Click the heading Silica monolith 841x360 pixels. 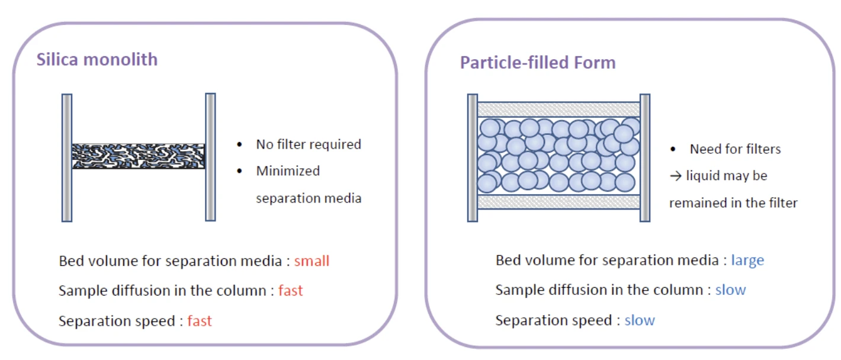click(x=97, y=60)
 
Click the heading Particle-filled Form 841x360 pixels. click(x=538, y=63)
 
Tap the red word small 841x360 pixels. click(x=312, y=261)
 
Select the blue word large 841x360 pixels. click(x=747, y=261)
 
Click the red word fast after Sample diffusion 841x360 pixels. click(x=290, y=291)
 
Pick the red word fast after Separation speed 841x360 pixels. click(x=200, y=321)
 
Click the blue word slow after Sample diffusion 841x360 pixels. click(x=730, y=290)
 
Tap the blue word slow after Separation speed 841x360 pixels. click(x=640, y=320)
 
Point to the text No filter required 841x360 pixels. click(x=309, y=144)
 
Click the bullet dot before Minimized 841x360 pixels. click(x=239, y=172)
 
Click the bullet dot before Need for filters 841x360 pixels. click(x=673, y=149)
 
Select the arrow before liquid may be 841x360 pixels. click(x=676, y=176)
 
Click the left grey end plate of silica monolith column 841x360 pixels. click(x=67, y=157)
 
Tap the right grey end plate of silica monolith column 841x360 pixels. click(x=210, y=157)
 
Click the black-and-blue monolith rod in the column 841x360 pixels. click(x=139, y=156)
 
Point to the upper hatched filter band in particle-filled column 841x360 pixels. click(x=558, y=110)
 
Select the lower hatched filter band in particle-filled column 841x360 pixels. click(x=558, y=202)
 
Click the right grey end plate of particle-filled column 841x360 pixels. click(x=645, y=157)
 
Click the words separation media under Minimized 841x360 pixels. click(x=309, y=198)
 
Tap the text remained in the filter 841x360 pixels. click(x=733, y=203)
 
